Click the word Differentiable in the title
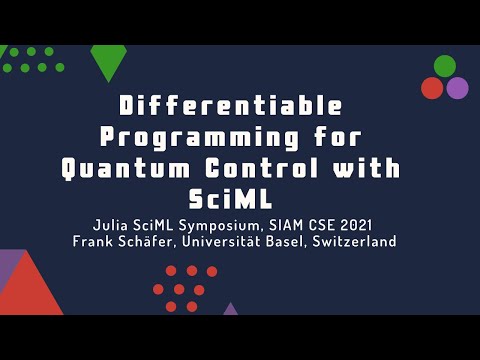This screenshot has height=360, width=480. click(231, 105)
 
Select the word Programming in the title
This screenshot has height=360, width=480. click(198, 136)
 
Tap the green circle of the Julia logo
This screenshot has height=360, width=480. click(445, 66)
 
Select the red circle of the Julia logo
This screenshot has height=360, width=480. click(432, 88)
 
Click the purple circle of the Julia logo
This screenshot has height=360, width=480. click(457, 88)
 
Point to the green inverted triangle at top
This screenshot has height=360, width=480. click(108, 60)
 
